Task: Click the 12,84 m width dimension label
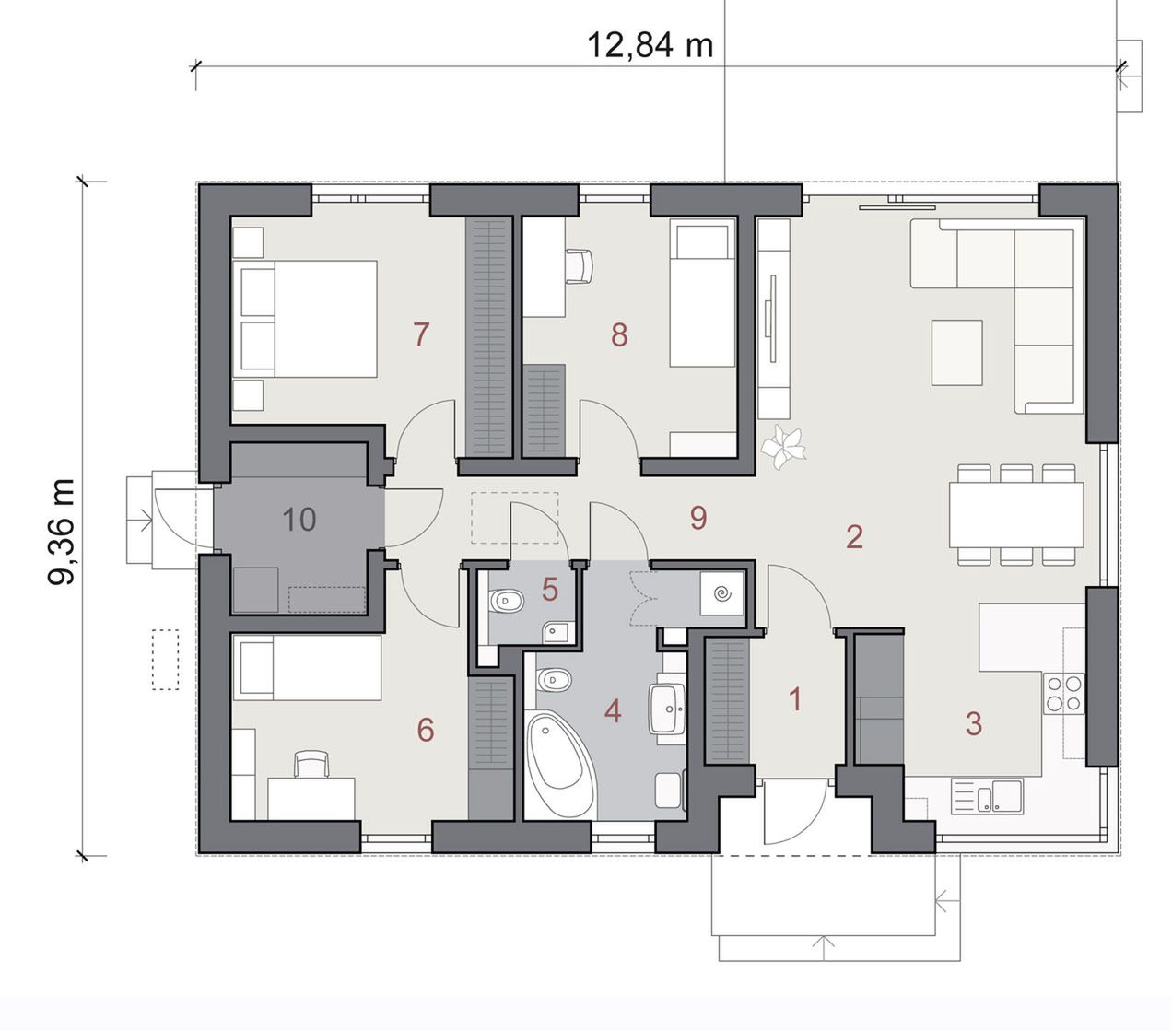[650, 44]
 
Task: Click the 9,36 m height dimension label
[62, 532]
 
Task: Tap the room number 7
[421, 334]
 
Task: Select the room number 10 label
[299, 519]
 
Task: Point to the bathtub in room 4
[560, 765]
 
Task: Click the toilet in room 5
[507, 601]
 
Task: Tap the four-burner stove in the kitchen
[1064, 694]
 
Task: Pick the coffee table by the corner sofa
[956, 352]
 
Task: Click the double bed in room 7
[305, 319]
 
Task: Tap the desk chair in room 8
[579, 266]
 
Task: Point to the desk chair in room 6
[311, 764]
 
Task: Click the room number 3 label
[974, 724]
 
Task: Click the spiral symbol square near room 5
[722, 593]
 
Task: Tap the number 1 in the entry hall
[795, 699]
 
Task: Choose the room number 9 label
[698, 518]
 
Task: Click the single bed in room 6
[307, 668]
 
